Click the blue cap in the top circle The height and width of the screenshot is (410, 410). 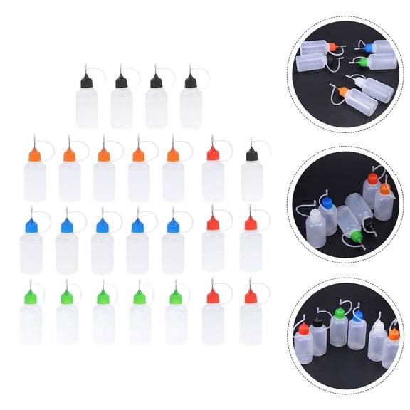(367, 48)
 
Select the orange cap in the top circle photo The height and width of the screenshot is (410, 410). (343, 91)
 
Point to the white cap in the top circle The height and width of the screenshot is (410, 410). (359, 81)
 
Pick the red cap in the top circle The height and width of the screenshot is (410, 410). (332, 46)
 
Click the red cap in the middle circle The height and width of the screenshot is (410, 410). (372, 179)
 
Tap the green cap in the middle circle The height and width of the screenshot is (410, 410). (357, 236)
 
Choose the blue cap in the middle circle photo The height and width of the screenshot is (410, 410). (327, 202)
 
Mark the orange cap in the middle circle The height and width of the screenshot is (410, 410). (385, 189)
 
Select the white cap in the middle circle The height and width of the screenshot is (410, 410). (315, 214)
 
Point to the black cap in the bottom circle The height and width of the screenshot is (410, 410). (317, 322)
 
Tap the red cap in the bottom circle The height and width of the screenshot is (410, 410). (304, 329)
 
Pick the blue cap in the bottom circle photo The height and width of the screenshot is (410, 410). (357, 317)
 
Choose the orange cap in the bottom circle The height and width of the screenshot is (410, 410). (394, 334)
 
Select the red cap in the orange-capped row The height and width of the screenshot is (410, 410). (213, 153)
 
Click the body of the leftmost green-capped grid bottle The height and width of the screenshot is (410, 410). (31, 324)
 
